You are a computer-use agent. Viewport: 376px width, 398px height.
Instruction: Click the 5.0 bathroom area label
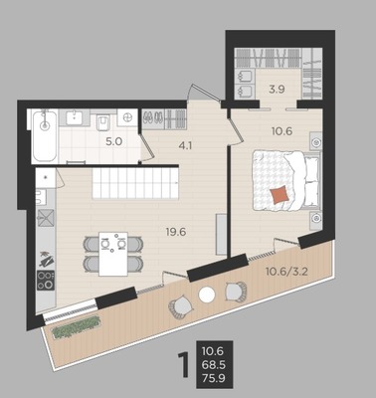(114, 142)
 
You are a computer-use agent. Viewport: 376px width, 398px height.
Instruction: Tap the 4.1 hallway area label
(185, 145)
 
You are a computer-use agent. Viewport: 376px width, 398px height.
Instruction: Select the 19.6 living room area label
(176, 232)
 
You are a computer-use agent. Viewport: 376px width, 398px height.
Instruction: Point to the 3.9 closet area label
(277, 90)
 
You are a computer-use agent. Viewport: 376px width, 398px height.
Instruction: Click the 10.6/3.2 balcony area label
(287, 272)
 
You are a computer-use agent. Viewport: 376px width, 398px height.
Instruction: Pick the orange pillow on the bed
(281, 195)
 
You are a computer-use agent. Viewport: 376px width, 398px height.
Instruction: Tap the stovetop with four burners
(46, 281)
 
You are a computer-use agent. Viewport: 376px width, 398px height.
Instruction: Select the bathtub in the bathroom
(45, 136)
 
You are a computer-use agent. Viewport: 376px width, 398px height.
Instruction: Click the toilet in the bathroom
(102, 122)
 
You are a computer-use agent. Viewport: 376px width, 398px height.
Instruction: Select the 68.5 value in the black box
(215, 365)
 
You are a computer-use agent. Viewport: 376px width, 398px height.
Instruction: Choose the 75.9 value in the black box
(215, 378)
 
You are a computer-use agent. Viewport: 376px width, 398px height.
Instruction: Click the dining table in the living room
(113, 254)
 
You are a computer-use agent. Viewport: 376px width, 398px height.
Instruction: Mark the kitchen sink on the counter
(46, 218)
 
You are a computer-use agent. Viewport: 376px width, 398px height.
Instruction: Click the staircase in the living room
(135, 183)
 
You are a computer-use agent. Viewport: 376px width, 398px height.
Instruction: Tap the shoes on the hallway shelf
(153, 117)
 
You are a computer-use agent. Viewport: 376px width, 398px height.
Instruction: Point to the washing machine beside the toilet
(127, 117)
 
